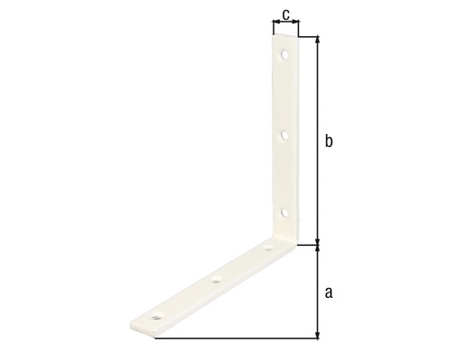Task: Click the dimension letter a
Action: click(x=328, y=291)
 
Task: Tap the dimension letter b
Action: click(x=328, y=141)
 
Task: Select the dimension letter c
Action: click(x=285, y=13)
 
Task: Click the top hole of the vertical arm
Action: click(x=284, y=56)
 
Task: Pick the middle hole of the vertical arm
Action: click(x=284, y=136)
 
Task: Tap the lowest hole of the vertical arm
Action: click(x=284, y=212)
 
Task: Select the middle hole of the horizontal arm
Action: click(x=216, y=281)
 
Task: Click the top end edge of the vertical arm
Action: click(x=284, y=37)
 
